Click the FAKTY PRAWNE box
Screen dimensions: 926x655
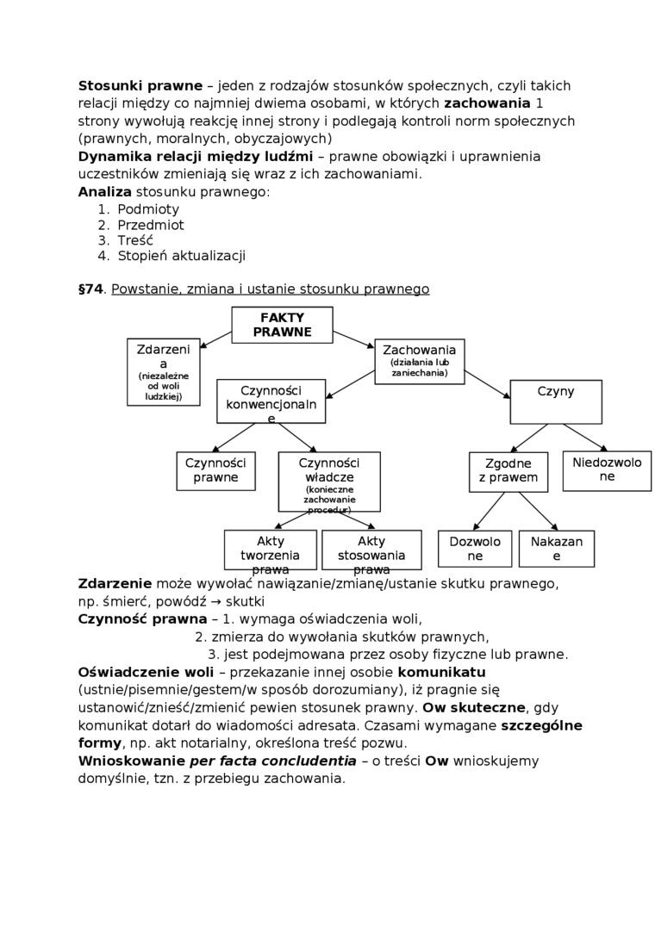click(x=282, y=325)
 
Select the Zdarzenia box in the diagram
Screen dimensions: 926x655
click(x=163, y=371)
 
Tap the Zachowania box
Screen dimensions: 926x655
click(x=419, y=361)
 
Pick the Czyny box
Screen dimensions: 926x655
click(x=555, y=401)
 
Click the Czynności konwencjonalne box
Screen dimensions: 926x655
click(x=271, y=401)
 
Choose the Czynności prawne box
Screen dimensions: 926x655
click(x=215, y=470)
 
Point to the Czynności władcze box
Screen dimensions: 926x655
click(x=328, y=481)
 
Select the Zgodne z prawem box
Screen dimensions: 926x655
click(x=508, y=471)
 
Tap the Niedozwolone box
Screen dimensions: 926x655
click(x=607, y=470)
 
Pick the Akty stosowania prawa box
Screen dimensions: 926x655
click(x=371, y=550)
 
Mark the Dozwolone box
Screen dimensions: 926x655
click(x=475, y=549)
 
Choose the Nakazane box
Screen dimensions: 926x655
click(x=556, y=549)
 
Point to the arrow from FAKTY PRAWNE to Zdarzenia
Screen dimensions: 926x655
click(x=215, y=339)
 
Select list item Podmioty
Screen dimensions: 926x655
click(x=148, y=209)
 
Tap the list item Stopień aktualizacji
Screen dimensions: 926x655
click(x=181, y=256)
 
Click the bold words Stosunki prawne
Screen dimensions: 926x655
click(x=140, y=86)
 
